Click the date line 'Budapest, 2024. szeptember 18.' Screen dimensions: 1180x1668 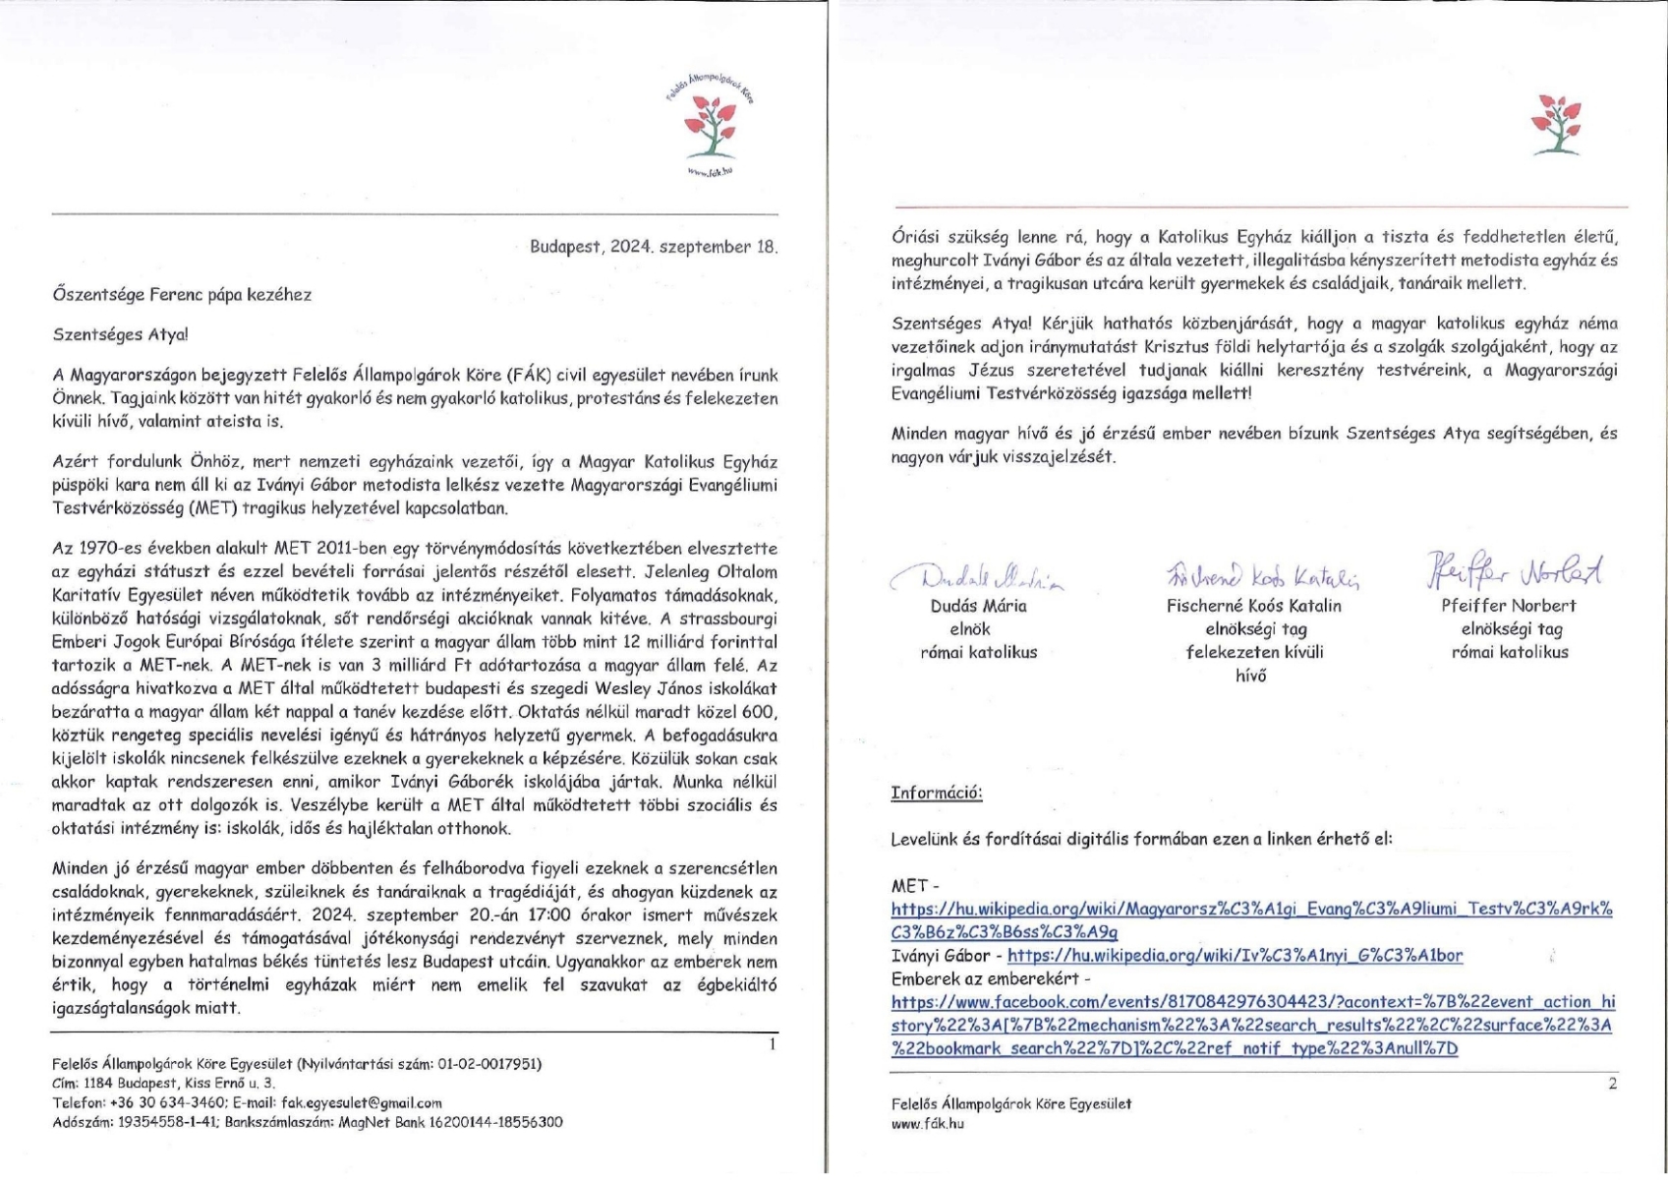coord(654,247)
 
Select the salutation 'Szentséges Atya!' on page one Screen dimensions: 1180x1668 coord(120,333)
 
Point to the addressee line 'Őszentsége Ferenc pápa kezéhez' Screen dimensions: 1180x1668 coord(182,294)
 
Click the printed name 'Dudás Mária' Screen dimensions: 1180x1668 coord(978,606)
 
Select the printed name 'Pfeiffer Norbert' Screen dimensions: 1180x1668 coord(1509,606)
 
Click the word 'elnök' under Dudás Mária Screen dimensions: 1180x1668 coord(970,629)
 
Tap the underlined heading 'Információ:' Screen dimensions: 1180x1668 coord(937,794)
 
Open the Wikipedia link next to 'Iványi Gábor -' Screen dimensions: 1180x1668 coord(1236,955)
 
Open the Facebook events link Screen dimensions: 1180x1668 coord(1252,1026)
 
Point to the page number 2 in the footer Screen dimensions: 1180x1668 coord(1611,1084)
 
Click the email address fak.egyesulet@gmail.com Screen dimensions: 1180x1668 coord(362,1102)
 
